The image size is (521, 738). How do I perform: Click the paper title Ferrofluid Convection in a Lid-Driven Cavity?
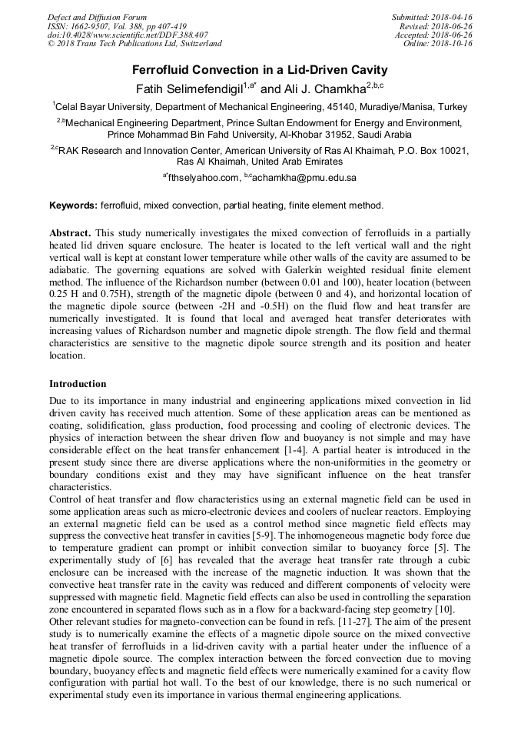click(x=260, y=70)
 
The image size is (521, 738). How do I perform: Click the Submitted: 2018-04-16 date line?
click(x=433, y=17)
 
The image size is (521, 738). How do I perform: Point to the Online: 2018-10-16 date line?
click(x=438, y=44)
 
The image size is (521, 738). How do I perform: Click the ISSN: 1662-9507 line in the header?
click(x=117, y=26)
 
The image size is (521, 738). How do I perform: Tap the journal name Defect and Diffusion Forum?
click(x=97, y=17)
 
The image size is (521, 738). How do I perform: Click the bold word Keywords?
click(x=73, y=205)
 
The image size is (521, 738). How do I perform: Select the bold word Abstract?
click(x=71, y=232)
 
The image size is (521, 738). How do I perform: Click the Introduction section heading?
click(x=78, y=383)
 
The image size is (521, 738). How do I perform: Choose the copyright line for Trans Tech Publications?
click(x=134, y=44)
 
